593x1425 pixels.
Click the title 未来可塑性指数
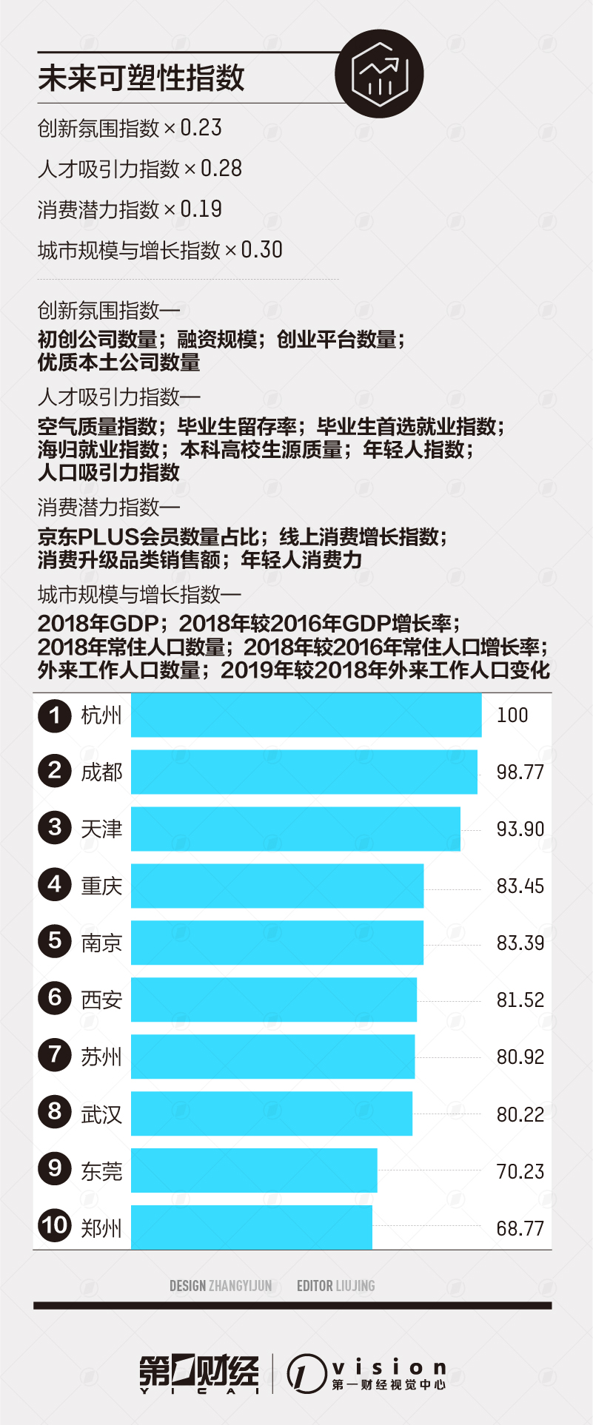coord(141,78)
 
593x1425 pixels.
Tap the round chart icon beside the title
coord(379,73)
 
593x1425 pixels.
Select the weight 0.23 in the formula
coord(201,128)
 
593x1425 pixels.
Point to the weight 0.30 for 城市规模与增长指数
coord(261,250)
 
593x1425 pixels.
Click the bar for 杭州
coord(306,715)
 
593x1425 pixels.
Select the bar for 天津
coord(295,829)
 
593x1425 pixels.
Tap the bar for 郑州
coord(252,1227)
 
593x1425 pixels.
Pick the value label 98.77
coord(520,772)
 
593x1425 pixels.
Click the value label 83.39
coord(520,943)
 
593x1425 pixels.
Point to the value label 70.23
coord(520,1171)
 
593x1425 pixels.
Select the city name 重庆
coord(101,886)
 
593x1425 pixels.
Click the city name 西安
coord(101,1000)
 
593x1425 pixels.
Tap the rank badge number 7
coord(55,1056)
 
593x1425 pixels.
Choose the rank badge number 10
coord(55,1227)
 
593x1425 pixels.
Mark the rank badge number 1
coord(55,715)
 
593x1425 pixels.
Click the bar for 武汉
coord(272,1114)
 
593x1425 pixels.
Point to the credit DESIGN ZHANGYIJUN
coord(221,1286)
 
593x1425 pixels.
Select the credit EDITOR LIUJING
coord(335,1286)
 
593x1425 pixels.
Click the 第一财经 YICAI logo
coord(199,1372)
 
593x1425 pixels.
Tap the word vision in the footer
coord(389,1367)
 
